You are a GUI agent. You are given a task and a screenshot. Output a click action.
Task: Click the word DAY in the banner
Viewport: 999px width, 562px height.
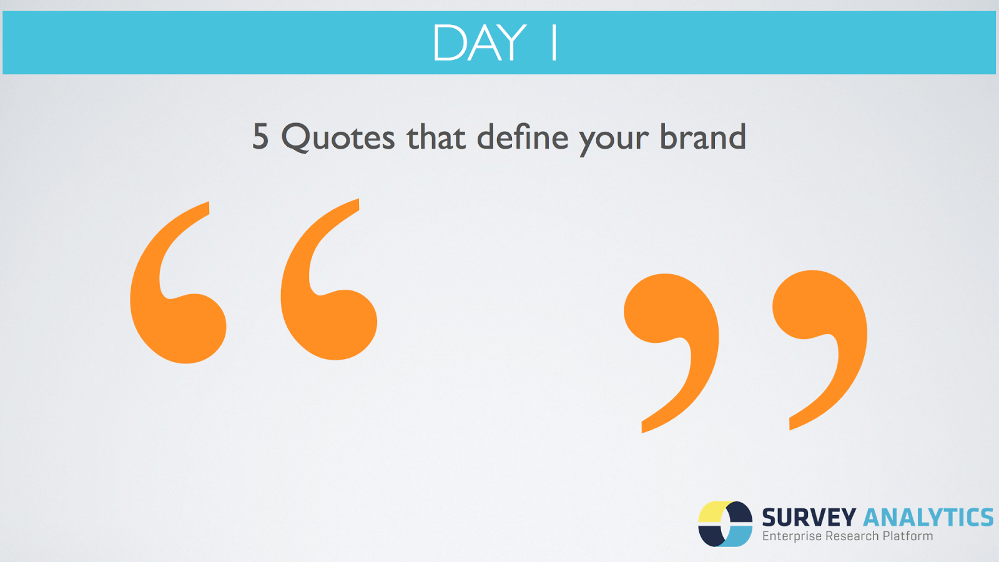[x=480, y=43]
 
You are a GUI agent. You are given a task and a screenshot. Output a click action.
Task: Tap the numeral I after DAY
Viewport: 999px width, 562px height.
[x=554, y=43]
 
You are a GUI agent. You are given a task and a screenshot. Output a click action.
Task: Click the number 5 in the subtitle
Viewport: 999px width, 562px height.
[x=260, y=137]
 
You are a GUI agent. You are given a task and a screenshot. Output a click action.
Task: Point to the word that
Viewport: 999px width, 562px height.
[x=436, y=136]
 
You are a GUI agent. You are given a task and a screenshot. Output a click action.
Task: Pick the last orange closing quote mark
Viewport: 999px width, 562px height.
[x=820, y=312]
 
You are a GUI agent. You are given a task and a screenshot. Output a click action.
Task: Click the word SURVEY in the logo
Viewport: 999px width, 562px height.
[x=809, y=518]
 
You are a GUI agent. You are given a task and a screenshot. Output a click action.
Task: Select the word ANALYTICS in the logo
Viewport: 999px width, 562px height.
[x=928, y=518]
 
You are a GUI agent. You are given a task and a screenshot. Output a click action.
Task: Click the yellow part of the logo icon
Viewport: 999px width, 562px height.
[x=712, y=512]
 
